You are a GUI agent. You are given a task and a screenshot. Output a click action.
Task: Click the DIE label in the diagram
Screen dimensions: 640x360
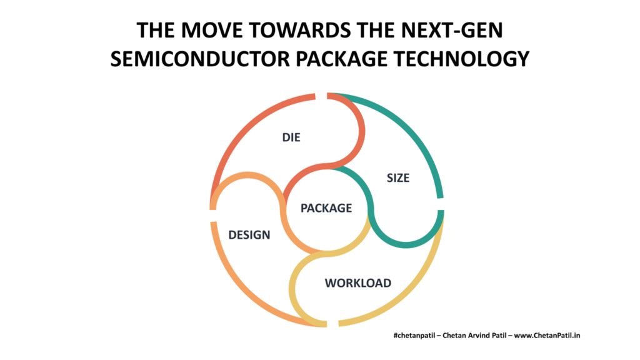tap(291, 137)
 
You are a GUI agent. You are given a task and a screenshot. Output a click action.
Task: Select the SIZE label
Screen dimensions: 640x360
tap(398, 178)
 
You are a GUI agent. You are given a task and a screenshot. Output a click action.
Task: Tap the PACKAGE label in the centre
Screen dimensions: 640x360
tap(326, 208)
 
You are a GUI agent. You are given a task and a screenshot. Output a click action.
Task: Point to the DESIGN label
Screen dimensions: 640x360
tap(249, 235)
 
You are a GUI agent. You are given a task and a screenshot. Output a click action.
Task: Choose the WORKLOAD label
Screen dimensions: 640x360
tap(358, 283)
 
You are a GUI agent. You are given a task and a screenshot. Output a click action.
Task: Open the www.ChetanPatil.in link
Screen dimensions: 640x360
tap(547, 336)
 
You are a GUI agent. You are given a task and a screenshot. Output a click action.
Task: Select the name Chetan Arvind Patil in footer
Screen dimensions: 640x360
tap(474, 336)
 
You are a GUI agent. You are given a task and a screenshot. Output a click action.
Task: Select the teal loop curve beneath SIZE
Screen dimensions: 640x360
tap(406, 245)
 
